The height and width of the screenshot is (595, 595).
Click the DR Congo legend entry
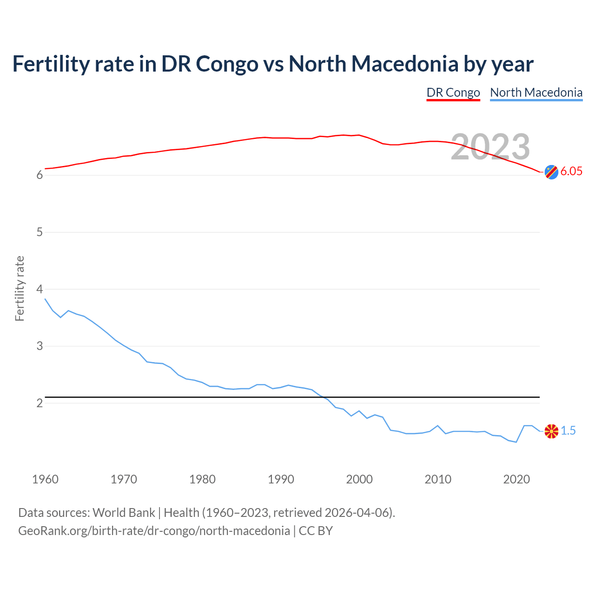click(x=453, y=93)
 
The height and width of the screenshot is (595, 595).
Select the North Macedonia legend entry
click(x=536, y=93)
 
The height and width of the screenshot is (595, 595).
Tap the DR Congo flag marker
click(x=551, y=172)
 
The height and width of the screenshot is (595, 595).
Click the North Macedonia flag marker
click(x=551, y=431)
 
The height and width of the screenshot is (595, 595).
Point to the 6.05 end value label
click(x=571, y=172)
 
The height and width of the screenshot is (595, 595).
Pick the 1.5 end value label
click(x=568, y=431)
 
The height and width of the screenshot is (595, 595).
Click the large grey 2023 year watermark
click(x=490, y=147)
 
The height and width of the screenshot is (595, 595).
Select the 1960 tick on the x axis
click(x=45, y=479)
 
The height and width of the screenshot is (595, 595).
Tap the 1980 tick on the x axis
click(x=202, y=479)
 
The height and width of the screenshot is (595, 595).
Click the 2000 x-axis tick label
click(x=359, y=479)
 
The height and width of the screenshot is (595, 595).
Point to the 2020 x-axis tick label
click(x=516, y=479)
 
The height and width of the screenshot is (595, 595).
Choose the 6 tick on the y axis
click(x=40, y=175)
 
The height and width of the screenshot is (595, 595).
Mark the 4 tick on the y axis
click(x=40, y=289)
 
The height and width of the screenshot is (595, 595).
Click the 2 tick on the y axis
click(x=40, y=403)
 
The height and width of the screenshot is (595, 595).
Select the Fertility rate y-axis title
click(x=20, y=288)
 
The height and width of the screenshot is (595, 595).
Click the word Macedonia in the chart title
click(x=405, y=64)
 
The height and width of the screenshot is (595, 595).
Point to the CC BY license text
click(x=316, y=531)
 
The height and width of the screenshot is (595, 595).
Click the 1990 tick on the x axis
click(x=281, y=479)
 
